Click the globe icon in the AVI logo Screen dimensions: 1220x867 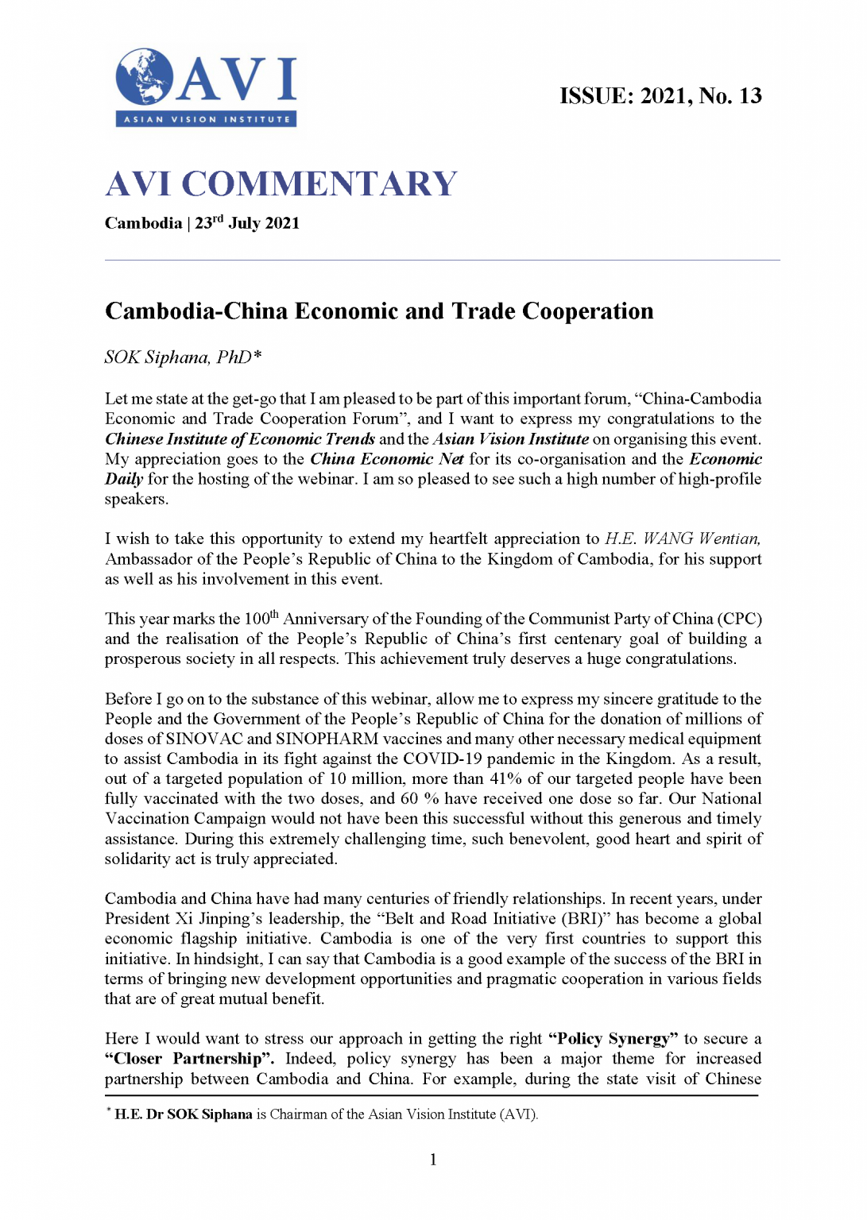[144, 76]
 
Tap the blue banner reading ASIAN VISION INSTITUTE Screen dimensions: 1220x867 [207, 119]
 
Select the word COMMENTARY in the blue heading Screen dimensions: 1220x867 [319, 184]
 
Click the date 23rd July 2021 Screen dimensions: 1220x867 [248, 223]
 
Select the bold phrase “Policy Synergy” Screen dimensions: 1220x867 [613, 1039]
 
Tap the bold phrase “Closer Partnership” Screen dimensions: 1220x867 [184, 1059]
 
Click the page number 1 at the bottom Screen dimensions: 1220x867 [433, 1160]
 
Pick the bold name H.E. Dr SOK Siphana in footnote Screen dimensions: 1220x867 [184, 1114]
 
